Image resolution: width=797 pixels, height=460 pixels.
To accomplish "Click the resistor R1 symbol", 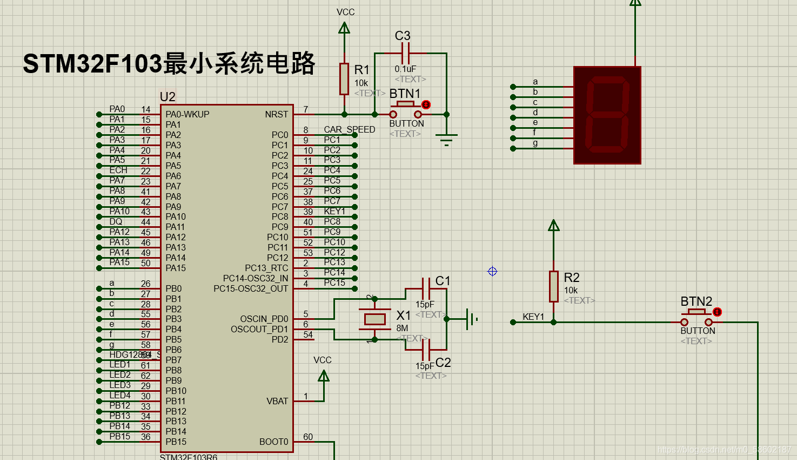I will pos(344,78).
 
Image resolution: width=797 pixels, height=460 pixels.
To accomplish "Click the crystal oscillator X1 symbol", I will pos(374,319).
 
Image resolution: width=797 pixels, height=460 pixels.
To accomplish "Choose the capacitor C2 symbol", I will pos(426,350).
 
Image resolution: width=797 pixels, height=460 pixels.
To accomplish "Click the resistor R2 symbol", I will pos(553,286).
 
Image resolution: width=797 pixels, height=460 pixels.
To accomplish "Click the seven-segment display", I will pos(607,115).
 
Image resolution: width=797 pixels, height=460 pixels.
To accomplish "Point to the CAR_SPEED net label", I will pos(349,130).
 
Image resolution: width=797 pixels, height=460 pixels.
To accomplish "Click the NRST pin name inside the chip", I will pos(276,114).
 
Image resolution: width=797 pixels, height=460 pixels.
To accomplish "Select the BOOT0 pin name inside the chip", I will pos(273,442).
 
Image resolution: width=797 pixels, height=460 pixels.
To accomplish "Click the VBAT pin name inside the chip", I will pos(277,401).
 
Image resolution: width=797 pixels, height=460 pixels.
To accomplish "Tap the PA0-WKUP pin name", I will pos(187,114).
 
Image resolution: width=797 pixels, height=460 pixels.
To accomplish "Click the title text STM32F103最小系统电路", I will pos(169,63).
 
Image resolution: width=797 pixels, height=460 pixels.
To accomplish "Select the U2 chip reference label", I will pos(168,97).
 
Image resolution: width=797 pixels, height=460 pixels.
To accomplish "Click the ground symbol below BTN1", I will pos(446,139).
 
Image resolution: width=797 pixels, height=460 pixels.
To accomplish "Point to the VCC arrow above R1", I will pos(344,28).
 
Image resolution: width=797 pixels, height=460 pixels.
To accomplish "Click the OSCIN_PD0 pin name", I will pos(264,319).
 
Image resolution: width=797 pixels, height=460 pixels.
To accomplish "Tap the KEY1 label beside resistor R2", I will pos(533,317).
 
